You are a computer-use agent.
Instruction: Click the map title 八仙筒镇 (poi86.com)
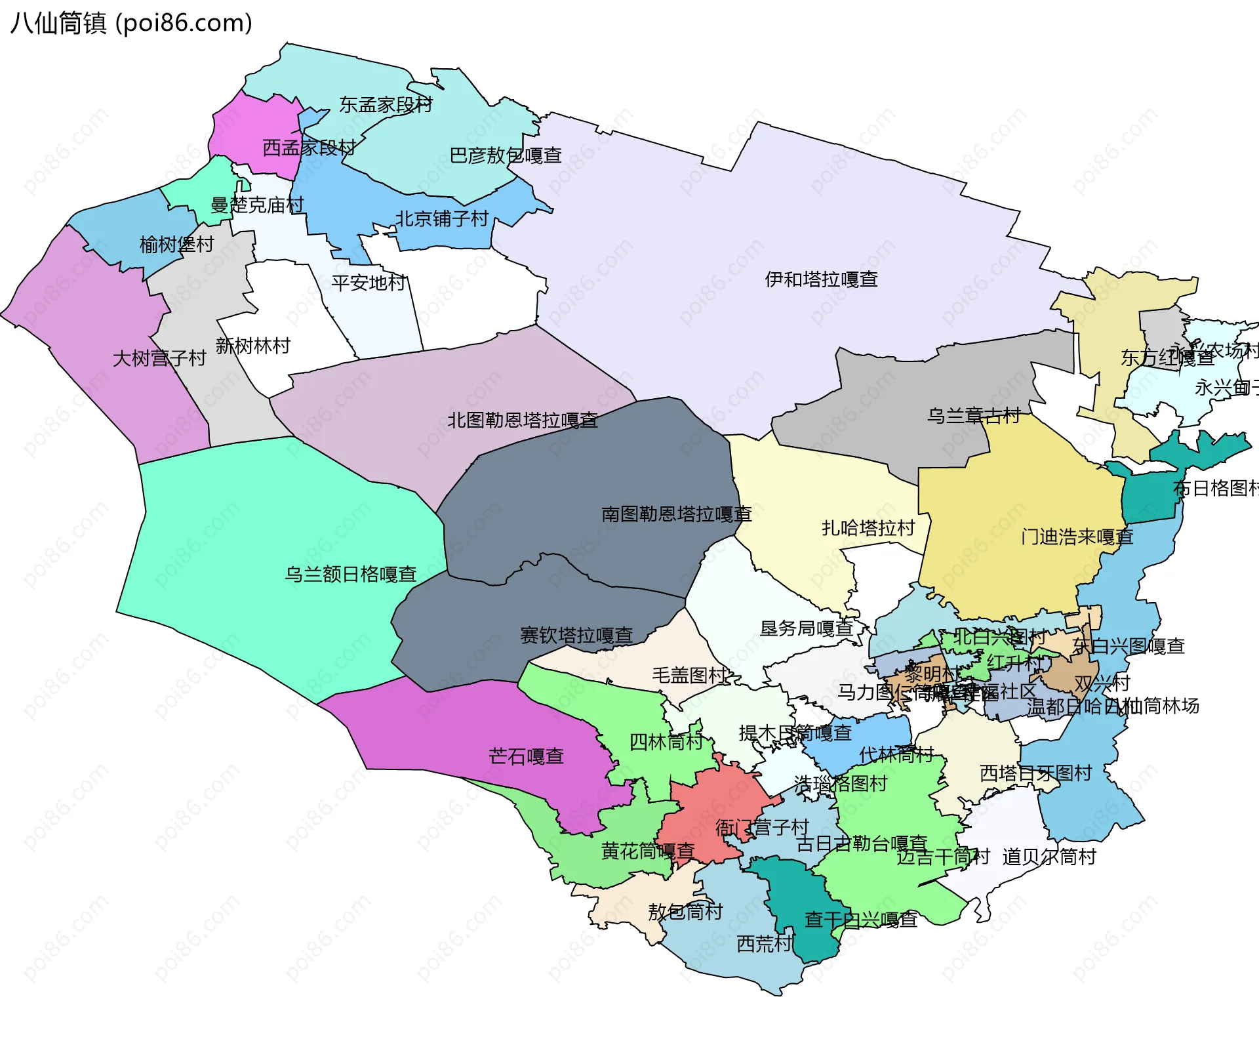coord(131,24)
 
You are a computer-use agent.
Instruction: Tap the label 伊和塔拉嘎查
coord(821,279)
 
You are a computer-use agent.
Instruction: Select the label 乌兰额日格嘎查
coord(350,575)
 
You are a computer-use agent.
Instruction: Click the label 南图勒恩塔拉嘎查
coord(676,514)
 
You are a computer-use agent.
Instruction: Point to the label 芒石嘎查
coord(526,756)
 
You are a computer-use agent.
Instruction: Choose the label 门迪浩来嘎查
coord(1077,537)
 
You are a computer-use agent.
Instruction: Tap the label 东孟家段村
coord(386,105)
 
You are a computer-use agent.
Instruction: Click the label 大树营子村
coord(159,358)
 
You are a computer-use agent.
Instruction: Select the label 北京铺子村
coord(441,218)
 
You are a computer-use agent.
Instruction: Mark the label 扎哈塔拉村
coord(868,528)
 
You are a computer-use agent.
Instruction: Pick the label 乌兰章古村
coord(973,415)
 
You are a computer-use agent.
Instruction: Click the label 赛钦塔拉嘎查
coord(576,635)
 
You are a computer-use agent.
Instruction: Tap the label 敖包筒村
coord(685,912)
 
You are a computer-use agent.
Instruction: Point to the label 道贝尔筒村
coord(1049,857)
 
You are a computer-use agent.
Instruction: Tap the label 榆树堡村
coord(176,245)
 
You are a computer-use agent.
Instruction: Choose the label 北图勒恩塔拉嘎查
coord(522,420)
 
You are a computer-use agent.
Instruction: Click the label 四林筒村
coord(666,742)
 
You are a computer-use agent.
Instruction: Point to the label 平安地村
coord(368,283)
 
